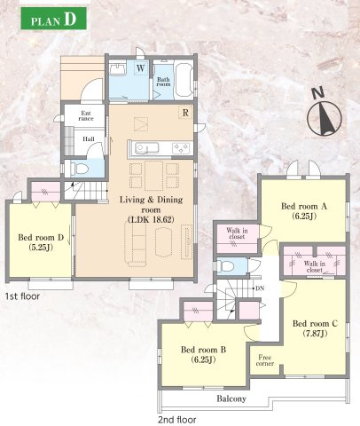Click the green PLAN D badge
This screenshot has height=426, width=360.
point(53,19)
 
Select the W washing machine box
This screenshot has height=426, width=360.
point(141,68)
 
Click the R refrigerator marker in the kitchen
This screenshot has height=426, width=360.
point(185,113)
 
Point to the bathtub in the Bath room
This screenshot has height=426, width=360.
point(184,80)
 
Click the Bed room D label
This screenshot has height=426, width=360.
point(41,242)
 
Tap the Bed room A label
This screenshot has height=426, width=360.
point(304,211)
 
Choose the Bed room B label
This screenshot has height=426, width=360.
point(203,354)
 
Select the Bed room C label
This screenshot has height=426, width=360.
point(315,328)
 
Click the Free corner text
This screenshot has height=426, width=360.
point(265,360)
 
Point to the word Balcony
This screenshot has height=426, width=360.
point(231,398)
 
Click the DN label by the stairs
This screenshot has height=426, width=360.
point(260,288)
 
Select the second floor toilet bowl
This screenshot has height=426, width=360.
point(227,266)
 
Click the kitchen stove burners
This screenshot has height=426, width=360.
point(181,148)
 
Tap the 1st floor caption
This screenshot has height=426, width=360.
point(22,296)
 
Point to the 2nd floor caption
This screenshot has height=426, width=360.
point(177,420)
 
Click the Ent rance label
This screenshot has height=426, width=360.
point(86,116)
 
